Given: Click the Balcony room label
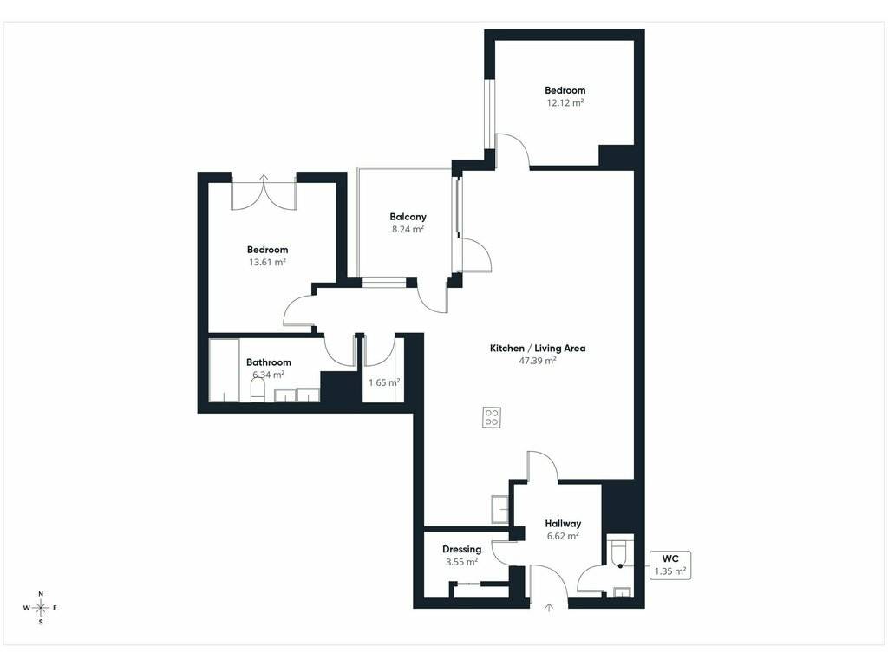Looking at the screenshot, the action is (408, 217).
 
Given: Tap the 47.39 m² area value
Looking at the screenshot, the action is (538, 360).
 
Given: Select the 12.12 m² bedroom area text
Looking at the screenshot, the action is (565, 102).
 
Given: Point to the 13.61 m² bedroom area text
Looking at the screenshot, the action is (267, 262).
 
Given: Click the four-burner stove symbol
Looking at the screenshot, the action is (492, 417).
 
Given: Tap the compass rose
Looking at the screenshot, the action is (41, 608).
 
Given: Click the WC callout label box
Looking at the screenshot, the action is (670, 565).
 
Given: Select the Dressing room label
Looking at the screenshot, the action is (461, 549).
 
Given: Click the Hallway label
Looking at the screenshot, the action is (563, 524).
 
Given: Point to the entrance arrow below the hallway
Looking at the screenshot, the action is (549, 608).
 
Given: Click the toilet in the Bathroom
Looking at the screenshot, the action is (258, 390).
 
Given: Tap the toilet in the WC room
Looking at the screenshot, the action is (617, 553).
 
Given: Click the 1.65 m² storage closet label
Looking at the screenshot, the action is (384, 382).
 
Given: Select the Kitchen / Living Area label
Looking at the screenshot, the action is (538, 349).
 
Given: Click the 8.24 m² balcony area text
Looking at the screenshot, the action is (408, 229).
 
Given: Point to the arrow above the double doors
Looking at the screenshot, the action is (264, 178).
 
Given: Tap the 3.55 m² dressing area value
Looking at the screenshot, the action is (461, 562).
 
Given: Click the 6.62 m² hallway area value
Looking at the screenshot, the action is (563, 536).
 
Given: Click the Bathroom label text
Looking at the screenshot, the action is (269, 362).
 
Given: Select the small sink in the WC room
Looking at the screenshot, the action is (622, 592).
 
